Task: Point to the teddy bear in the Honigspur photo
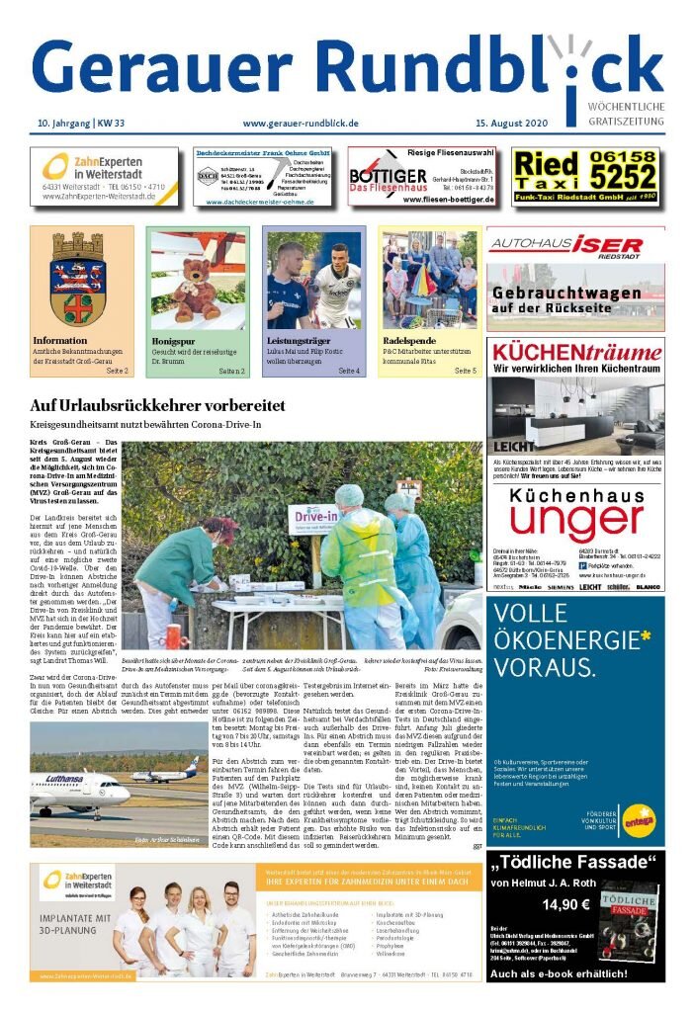tap(196, 290)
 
